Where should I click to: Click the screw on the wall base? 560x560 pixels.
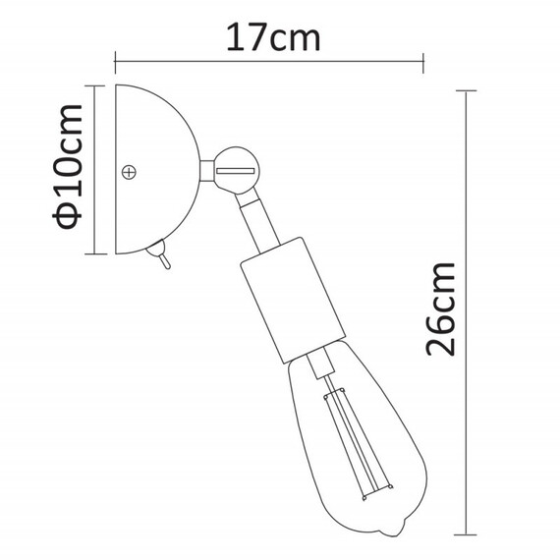128,173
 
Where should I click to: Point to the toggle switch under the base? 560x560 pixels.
161,257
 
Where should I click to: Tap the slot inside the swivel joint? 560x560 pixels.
235,173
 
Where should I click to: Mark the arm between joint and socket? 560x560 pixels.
257,218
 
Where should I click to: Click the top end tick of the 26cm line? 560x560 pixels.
467,90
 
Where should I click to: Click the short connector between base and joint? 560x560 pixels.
207,172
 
